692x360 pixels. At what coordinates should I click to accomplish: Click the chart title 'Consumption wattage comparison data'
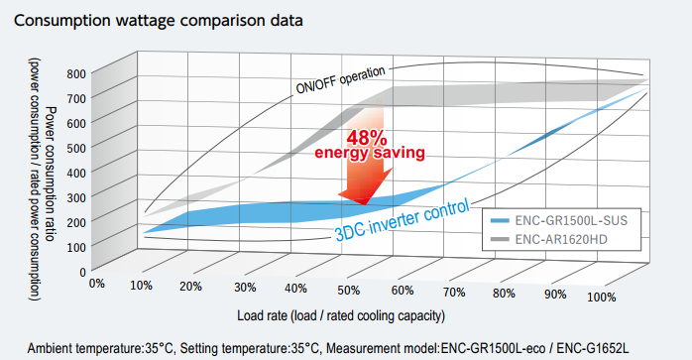(x=159, y=21)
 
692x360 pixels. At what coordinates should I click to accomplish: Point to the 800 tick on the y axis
(x=76, y=73)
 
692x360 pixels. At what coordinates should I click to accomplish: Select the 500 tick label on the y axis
(x=76, y=148)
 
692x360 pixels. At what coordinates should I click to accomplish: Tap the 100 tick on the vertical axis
(x=76, y=247)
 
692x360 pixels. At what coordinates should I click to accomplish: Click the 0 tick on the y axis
(x=82, y=272)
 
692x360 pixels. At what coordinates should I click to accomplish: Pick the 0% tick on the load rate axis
(x=97, y=284)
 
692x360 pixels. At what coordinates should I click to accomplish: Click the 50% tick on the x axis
(x=349, y=291)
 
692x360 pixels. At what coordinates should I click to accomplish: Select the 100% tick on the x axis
(x=601, y=297)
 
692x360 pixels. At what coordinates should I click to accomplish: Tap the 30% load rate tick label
(x=245, y=288)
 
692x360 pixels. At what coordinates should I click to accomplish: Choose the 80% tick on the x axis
(x=504, y=294)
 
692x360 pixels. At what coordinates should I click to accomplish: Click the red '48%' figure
(x=367, y=138)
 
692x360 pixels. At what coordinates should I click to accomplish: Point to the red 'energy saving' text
(x=370, y=153)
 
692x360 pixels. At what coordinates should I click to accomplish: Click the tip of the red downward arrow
(x=365, y=204)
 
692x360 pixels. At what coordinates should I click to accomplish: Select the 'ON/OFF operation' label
(x=340, y=79)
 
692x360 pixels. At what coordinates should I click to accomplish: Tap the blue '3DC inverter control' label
(x=403, y=221)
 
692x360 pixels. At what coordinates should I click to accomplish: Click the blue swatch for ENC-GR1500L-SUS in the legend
(x=499, y=220)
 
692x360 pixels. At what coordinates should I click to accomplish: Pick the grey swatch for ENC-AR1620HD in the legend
(x=499, y=239)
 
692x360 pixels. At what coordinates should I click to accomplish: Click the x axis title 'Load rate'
(x=262, y=315)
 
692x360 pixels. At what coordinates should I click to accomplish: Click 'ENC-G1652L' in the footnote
(x=593, y=348)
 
